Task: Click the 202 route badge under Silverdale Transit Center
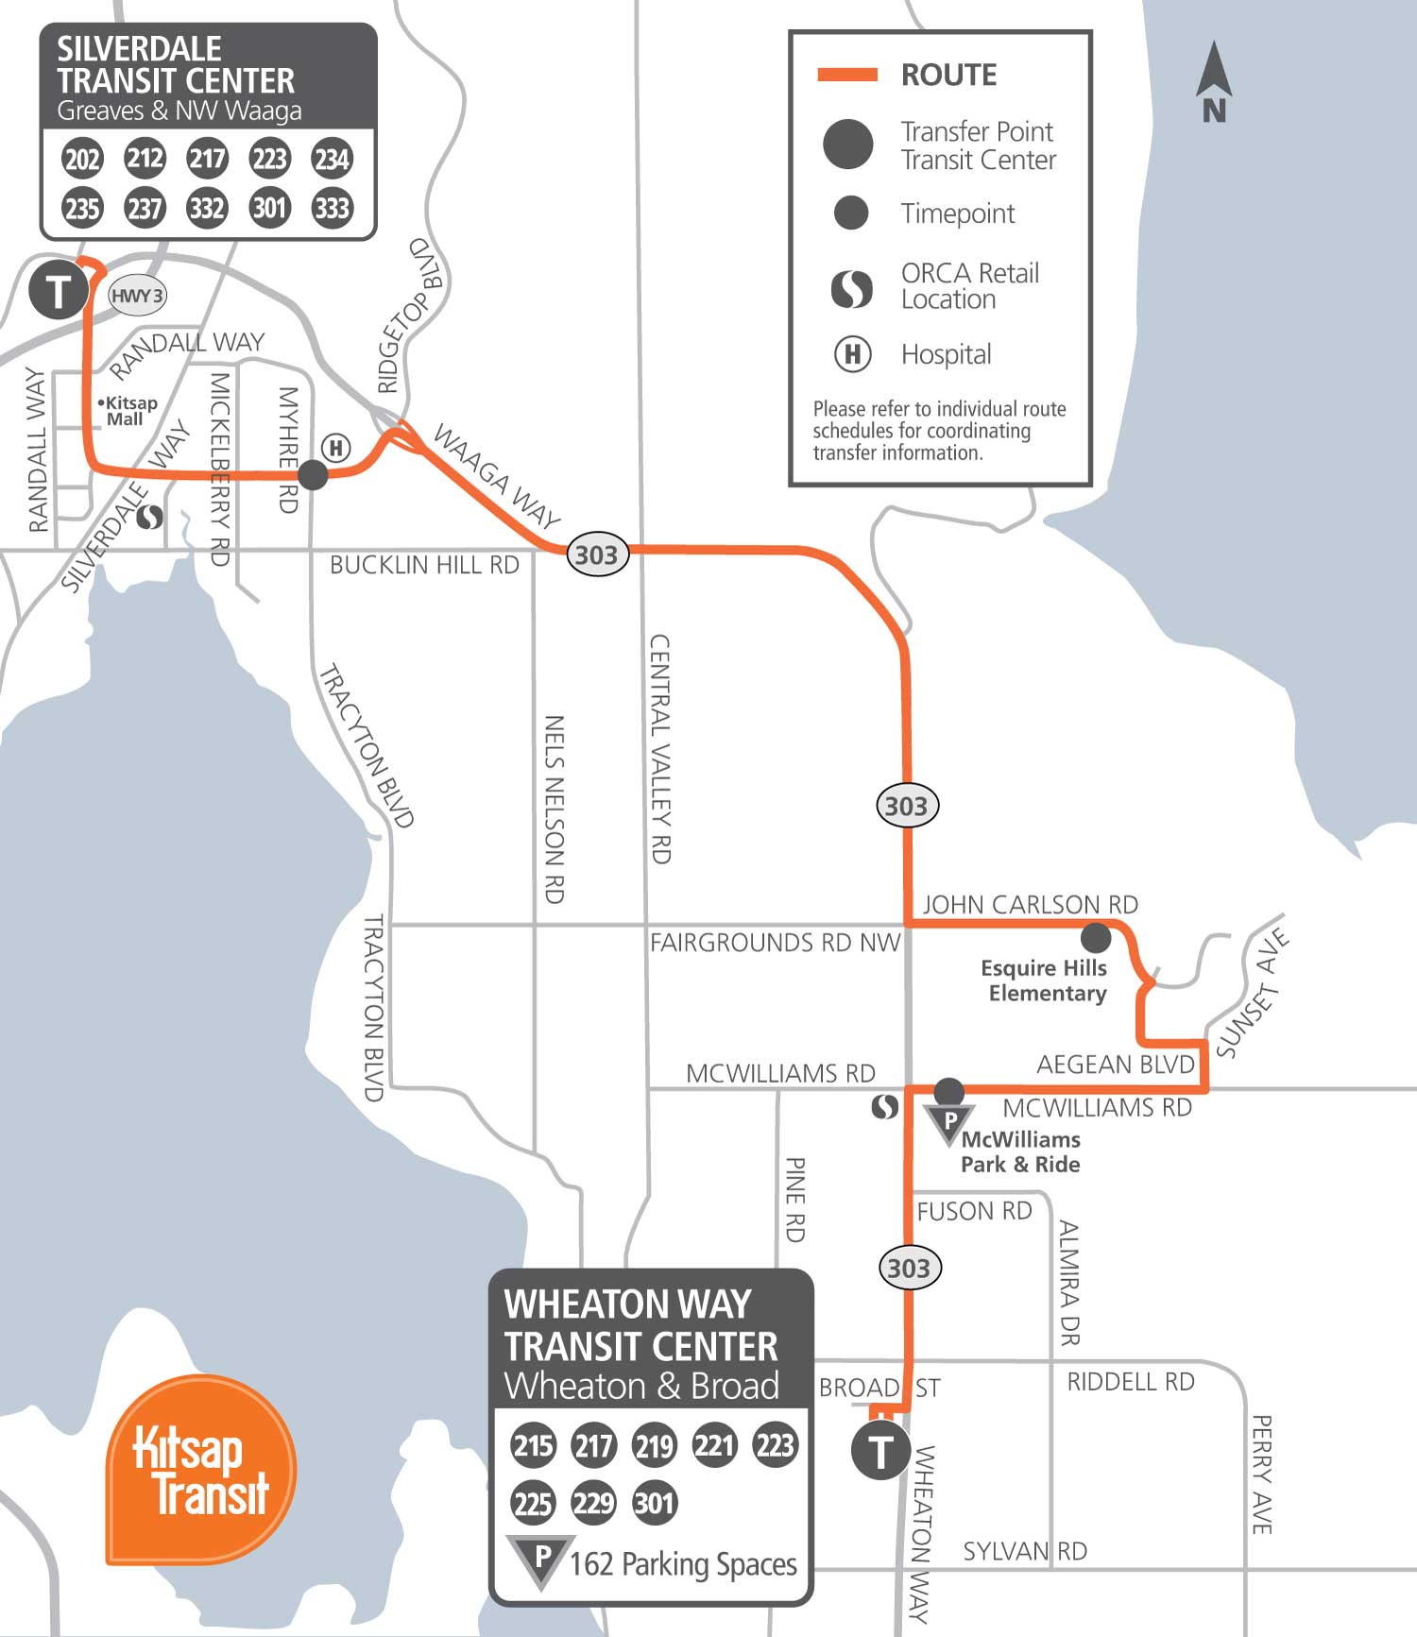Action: [82, 158]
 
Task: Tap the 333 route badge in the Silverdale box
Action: [332, 208]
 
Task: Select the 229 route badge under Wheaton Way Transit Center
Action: [593, 1502]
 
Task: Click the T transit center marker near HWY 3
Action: [59, 291]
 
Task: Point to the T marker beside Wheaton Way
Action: [880, 1451]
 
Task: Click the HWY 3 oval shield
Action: [137, 296]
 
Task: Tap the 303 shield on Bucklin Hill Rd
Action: [597, 554]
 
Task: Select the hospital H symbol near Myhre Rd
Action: [336, 448]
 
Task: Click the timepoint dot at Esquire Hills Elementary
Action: [1096, 937]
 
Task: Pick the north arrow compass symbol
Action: [1214, 83]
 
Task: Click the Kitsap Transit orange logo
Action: [200, 1470]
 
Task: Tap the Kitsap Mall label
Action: [128, 411]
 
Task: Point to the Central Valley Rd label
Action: [660, 748]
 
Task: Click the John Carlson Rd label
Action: [1030, 904]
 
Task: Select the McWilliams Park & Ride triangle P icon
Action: [949, 1122]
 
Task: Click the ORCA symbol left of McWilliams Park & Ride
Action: [885, 1106]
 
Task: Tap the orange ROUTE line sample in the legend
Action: [847, 75]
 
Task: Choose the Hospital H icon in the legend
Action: [852, 354]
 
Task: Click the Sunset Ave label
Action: [1253, 992]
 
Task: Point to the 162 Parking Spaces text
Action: [683, 1564]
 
